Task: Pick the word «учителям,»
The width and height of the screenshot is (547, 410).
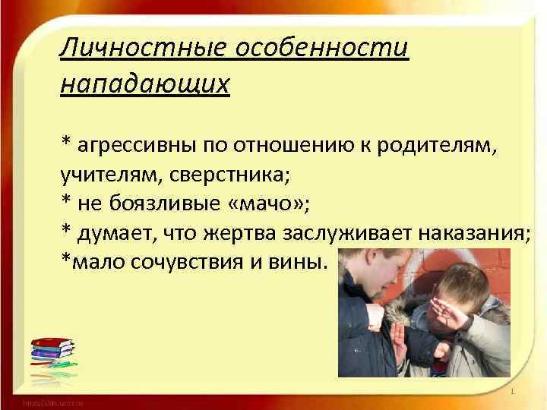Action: point(105,174)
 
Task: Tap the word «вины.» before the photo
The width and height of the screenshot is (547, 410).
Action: point(299,262)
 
